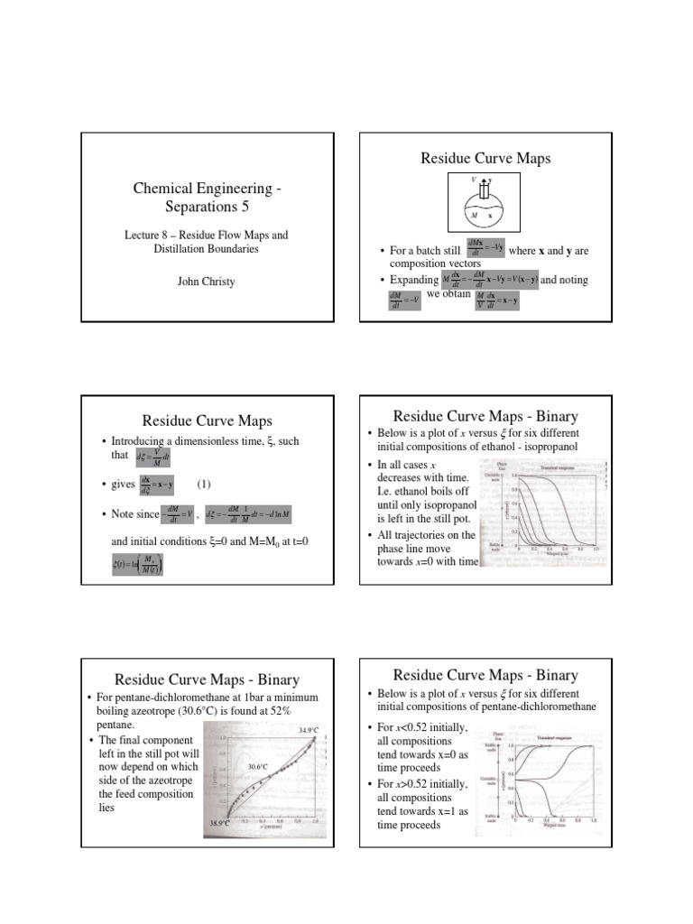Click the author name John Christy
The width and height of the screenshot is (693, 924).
(x=207, y=282)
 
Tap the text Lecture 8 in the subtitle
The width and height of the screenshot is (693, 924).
(x=147, y=235)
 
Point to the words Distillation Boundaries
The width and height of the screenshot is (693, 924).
(x=207, y=248)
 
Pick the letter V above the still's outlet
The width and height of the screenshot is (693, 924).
(x=474, y=180)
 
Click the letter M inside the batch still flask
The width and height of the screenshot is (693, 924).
(x=474, y=217)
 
